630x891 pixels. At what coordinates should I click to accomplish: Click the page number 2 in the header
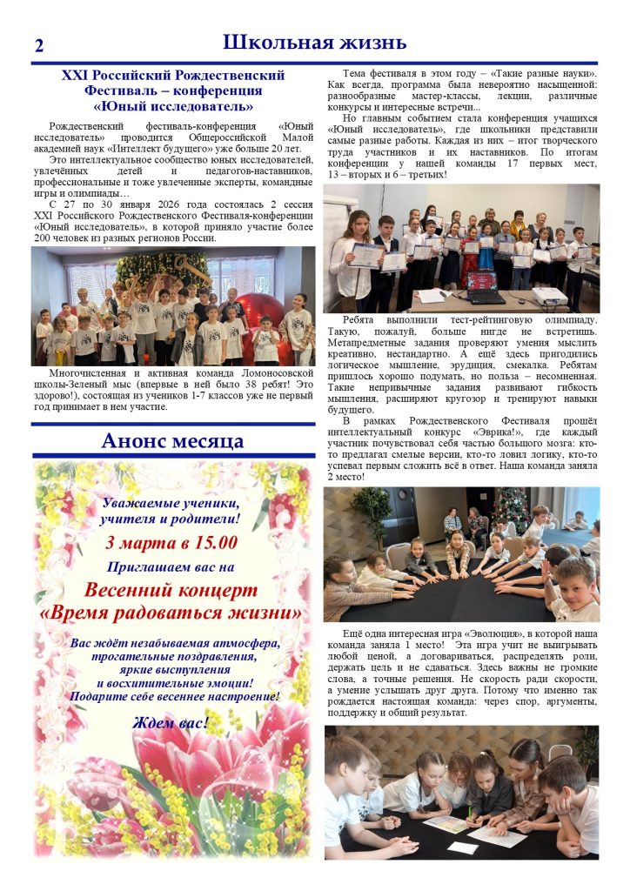(x=38, y=46)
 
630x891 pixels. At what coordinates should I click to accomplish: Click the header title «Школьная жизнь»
(x=314, y=42)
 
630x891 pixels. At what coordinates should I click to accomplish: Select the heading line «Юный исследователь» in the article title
(x=173, y=106)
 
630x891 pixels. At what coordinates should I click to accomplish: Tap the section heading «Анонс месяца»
(x=172, y=440)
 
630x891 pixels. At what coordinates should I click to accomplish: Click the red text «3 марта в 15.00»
(x=171, y=543)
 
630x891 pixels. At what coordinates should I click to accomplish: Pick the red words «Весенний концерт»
(x=171, y=590)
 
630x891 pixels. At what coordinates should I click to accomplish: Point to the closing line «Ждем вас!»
(x=171, y=723)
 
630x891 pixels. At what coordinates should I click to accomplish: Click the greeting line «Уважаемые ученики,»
(x=171, y=503)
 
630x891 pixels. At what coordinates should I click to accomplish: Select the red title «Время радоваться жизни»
(x=171, y=613)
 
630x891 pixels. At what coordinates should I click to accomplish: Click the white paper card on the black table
(x=462, y=847)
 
